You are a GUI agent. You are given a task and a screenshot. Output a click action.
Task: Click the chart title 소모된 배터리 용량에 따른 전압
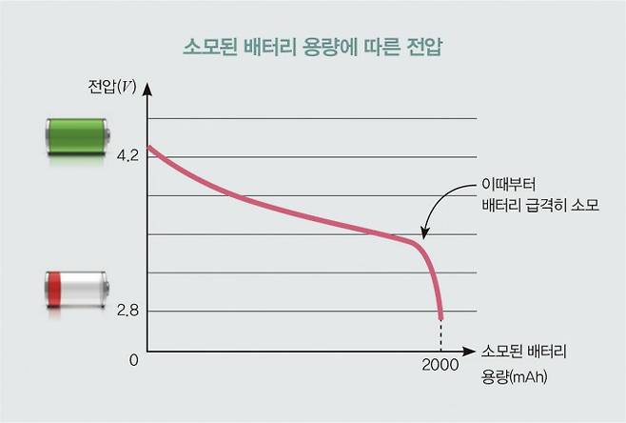[313, 45]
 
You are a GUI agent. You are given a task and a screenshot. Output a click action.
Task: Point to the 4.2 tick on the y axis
[127, 155]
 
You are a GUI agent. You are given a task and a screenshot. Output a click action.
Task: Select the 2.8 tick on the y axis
[127, 311]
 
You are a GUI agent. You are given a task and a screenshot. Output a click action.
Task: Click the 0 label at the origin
[133, 360]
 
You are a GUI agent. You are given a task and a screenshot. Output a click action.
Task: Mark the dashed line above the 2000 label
[440, 335]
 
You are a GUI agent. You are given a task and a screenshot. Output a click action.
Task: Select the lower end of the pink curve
[440, 318]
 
